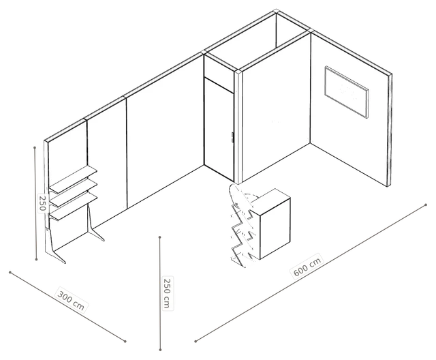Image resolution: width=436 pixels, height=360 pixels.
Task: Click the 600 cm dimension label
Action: coord(307,265)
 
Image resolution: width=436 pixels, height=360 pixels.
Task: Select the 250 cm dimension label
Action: coord(167,293)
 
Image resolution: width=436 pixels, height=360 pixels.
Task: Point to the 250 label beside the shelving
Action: coord(42,203)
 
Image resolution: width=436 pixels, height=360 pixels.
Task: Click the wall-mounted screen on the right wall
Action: coord(347,92)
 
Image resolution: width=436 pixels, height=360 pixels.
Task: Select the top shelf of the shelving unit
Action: coord(74,180)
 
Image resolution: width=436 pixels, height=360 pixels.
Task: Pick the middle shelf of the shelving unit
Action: coord(74,193)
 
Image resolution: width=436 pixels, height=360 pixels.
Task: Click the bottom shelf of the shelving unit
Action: coord(74,207)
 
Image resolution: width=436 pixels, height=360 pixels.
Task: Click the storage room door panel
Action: coord(219,130)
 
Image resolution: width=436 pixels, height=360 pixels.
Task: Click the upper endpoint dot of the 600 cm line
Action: coord(426,205)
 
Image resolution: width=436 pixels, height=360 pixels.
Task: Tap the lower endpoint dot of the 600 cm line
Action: coord(196,341)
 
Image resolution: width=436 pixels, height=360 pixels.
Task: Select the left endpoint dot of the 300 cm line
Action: coord(10,272)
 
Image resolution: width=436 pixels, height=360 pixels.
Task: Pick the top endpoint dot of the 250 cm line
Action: coord(160,237)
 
